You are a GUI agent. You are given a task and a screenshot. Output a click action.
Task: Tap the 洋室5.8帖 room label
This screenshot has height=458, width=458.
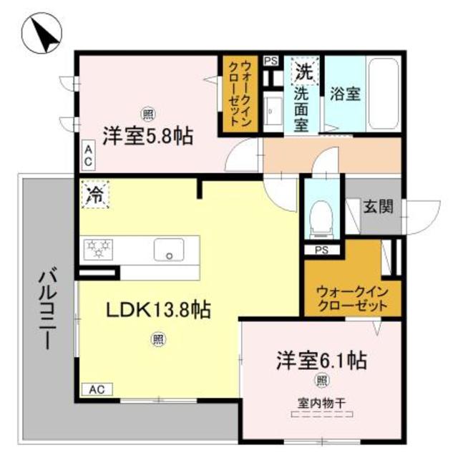click(147, 135)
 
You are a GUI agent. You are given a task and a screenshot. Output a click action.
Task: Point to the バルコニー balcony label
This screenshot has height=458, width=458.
click(44, 308)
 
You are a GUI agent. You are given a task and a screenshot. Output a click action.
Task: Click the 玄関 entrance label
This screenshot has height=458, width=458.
click(377, 207)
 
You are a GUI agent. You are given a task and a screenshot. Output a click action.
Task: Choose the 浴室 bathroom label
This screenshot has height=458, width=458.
click(346, 93)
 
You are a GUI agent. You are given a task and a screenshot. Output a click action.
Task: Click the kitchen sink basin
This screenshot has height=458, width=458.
click(170, 250)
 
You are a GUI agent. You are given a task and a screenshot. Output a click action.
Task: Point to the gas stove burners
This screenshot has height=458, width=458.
click(99, 248)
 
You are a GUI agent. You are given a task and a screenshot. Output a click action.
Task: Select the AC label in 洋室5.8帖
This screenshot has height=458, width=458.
click(88, 156)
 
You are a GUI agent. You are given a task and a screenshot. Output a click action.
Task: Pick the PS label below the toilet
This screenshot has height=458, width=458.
click(322, 250)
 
